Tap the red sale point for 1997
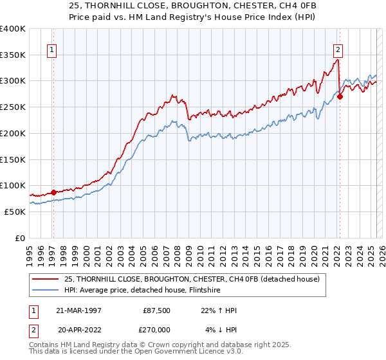pyautogui.click(x=53, y=192)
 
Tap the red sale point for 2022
pyautogui.click(x=340, y=96)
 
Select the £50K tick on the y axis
pyautogui.click(x=15, y=212)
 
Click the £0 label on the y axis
pyautogui.click(x=20, y=238)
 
